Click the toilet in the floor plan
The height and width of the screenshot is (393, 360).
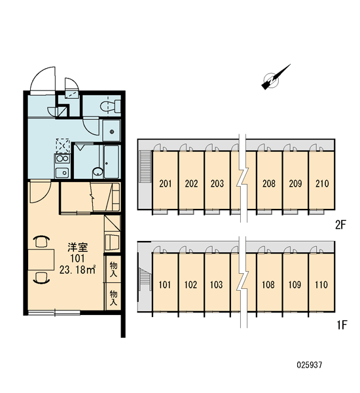[111, 106]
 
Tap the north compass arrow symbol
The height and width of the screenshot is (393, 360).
[275, 77]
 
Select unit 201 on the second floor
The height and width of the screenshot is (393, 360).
[166, 183]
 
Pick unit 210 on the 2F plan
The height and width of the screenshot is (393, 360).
[322, 183]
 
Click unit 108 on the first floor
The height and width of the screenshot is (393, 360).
[268, 285]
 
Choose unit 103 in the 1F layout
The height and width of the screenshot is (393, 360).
[217, 285]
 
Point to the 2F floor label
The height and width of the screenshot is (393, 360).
[340, 225]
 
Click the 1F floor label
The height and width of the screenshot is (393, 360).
[342, 325]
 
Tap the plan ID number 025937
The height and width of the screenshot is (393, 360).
[310, 365]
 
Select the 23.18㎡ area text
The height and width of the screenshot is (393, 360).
[77, 270]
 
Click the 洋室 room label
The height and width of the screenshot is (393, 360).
[78, 248]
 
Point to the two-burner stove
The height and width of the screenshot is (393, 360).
[62, 159]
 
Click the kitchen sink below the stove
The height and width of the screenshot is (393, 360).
[62, 172]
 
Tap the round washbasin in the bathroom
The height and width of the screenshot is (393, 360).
[98, 172]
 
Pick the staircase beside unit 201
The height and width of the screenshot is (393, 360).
[145, 166]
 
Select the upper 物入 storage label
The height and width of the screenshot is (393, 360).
[113, 269]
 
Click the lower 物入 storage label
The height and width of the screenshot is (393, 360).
[113, 297]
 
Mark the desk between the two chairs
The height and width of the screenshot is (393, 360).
[41, 259]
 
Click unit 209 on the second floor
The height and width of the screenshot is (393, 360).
[295, 183]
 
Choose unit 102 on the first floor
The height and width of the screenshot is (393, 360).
[190, 285]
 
